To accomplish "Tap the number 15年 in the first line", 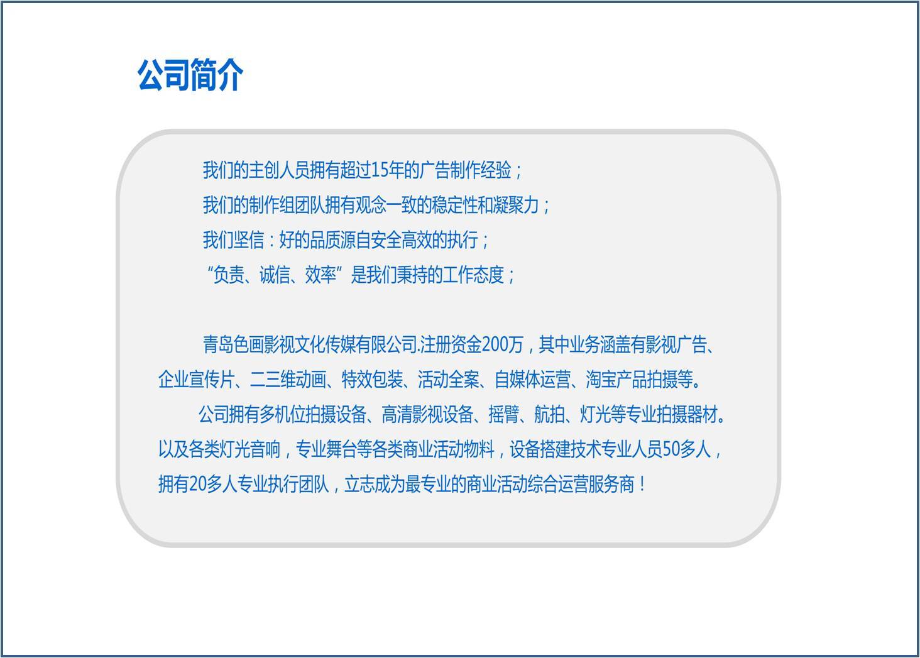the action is click(387, 170).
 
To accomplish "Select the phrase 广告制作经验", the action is click(466, 170).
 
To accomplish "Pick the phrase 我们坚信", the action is click(233, 240).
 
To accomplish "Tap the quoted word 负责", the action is click(229, 275).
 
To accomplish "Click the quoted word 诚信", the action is click(275, 275).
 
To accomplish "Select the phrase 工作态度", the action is click(474, 275).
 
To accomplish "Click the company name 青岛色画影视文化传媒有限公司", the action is click(310, 344).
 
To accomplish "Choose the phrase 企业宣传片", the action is click(196, 380).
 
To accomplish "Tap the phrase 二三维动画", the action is click(288, 380).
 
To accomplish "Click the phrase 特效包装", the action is click(372, 380).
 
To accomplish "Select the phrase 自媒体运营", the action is click(533, 380).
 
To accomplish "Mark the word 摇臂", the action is click(503, 414).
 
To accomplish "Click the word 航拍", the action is click(549, 414).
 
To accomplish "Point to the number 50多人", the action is click(687, 449).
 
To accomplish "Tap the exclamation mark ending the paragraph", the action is click(642, 485).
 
